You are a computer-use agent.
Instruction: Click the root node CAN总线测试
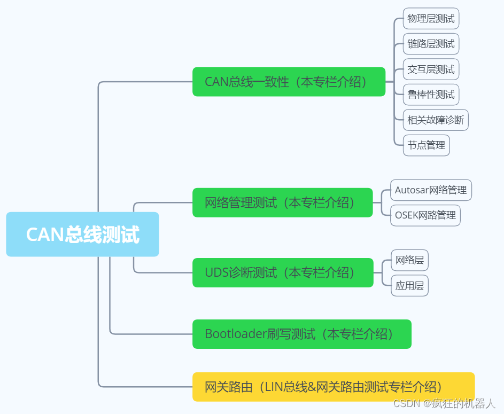click(82, 235)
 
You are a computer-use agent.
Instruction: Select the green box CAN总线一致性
click(289, 82)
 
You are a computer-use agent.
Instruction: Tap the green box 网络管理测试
click(282, 202)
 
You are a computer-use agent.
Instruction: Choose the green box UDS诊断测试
click(282, 272)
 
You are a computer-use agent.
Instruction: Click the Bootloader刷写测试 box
click(301, 334)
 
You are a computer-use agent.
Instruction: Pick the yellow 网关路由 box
click(333, 387)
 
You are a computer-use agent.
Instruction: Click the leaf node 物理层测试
click(431, 19)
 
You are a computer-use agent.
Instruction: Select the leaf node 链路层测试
click(431, 44)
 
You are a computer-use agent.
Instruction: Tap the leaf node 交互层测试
click(431, 69)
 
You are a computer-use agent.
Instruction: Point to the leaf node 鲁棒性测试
click(431, 95)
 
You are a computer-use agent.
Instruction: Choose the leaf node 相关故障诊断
click(436, 120)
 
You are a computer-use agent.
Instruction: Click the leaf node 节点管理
click(426, 145)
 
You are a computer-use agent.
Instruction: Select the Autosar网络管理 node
click(431, 190)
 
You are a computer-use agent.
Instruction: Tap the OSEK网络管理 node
click(425, 215)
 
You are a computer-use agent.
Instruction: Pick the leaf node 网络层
click(409, 260)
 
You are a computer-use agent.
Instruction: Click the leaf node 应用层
click(409, 286)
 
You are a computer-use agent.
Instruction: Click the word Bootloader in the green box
click(236, 334)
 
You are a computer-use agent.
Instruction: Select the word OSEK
click(407, 215)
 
